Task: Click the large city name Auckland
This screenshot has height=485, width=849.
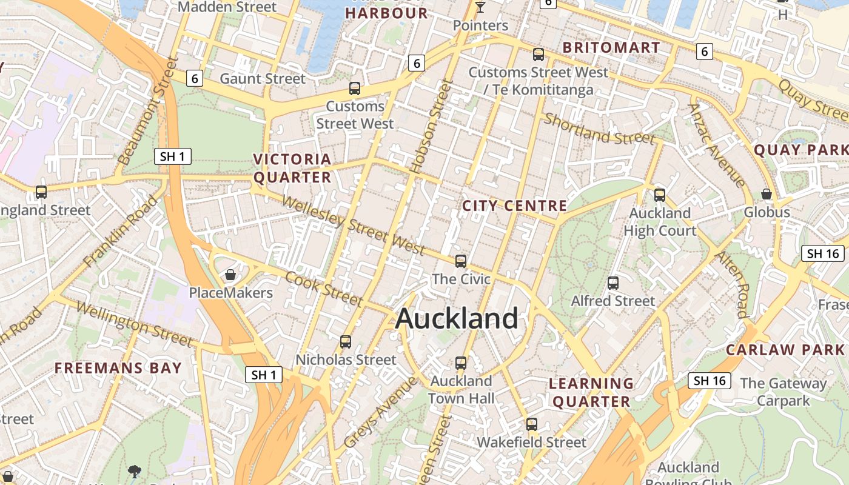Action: pos(457,319)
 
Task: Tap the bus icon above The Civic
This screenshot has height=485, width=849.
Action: pos(461,261)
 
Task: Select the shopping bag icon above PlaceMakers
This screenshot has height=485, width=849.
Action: pos(230,275)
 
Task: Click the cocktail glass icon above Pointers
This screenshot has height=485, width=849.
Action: pos(480,7)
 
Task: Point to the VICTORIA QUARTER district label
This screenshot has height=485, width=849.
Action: pos(292,168)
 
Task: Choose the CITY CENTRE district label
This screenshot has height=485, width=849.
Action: pos(515,206)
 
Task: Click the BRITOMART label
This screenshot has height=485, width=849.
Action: pos(611,47)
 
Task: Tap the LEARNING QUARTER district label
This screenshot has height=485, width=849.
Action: pos(591,392)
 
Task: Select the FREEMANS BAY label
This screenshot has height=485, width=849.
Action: pos(118,368)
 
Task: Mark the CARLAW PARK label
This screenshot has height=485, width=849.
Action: pos(785,350)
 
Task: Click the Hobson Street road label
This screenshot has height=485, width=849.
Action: pos(431,127)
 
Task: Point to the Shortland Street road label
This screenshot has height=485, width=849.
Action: pos(599,129)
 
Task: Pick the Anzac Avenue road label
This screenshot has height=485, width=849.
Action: pos(717,145)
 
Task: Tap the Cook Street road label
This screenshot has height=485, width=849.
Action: pos(324,289)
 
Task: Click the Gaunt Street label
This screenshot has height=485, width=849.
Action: pos(263,78)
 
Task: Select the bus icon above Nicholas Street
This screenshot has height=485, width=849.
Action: pos(346,342)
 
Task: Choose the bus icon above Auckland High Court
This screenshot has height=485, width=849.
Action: pos(660,195)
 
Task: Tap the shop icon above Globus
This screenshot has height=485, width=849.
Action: pos(767,194)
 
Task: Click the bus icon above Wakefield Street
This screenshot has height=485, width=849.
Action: pos(532,424)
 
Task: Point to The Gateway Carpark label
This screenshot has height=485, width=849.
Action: pos(783,392)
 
